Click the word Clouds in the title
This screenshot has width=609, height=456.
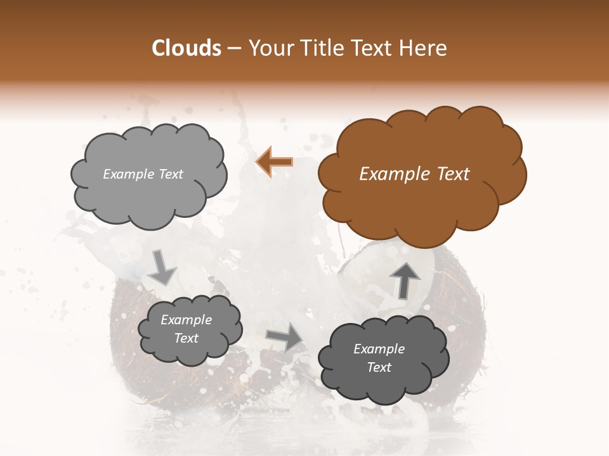click(x=187, y=49)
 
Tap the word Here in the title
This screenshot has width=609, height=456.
click(x=424, y=49)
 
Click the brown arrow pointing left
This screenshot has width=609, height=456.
click(x=274, y=161)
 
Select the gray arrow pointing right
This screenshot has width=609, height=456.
click(x=284, y=337)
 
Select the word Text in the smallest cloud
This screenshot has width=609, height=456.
click(x=187, y=338)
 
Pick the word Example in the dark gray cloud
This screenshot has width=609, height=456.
click(x=379, y=349)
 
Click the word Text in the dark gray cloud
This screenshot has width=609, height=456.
click(x=379, y=367)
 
